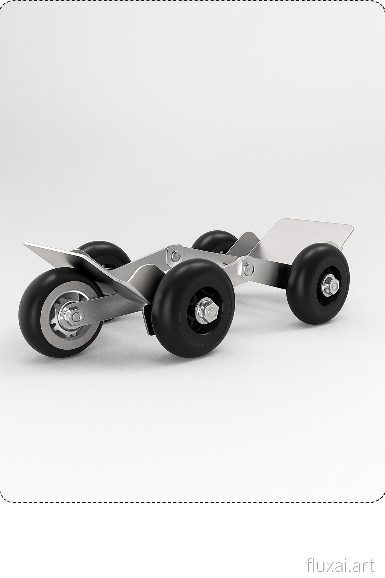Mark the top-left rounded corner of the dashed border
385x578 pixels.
click(x=5, y=5)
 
